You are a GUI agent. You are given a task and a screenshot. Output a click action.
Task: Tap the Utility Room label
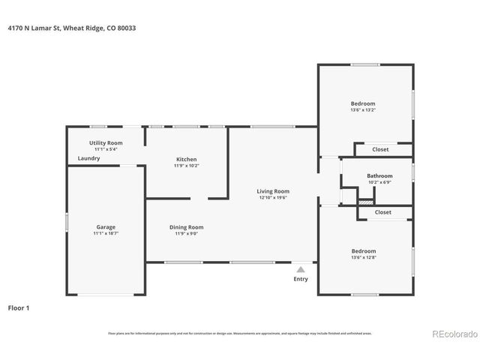tap(106, 142)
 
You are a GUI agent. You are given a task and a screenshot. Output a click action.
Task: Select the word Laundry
tap(89, 158)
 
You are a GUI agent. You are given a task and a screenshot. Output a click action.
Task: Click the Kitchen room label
tap(186, 159)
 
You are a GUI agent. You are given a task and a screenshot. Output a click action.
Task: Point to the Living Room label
tap(274, 191)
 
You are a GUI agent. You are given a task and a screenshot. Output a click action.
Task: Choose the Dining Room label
tap(186, 227)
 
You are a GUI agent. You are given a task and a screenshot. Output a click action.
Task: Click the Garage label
tap(106, 226)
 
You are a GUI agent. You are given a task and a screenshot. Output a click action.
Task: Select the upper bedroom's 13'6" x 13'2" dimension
tap(363, 110)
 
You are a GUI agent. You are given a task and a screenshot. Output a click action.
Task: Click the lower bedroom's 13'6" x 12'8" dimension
tap(363, 258)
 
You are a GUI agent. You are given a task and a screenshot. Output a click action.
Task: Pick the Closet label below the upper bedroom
tap(381, 149)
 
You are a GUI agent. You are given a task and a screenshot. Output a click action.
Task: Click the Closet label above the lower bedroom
tap(383, 212)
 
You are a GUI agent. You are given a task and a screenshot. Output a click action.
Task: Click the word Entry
tap(301, 279)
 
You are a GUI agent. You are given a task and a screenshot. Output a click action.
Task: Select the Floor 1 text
tap(19, 307)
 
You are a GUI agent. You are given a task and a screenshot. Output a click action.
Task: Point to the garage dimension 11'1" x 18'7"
tap(106, 234)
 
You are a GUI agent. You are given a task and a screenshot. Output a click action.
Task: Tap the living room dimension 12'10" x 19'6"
tap(274, 198)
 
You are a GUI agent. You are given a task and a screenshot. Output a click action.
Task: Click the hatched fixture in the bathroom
tap(365, 201)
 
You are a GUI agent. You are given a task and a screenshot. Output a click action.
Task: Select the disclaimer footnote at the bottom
tap(240, 333)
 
